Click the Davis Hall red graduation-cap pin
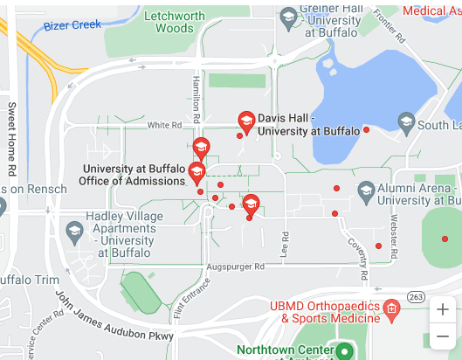246,121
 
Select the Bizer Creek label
72,25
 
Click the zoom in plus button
443,309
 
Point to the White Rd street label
164,126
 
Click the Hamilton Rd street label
197,98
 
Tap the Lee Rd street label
285,242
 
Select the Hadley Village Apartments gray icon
74,232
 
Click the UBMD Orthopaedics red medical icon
391,308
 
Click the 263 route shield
417,297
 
